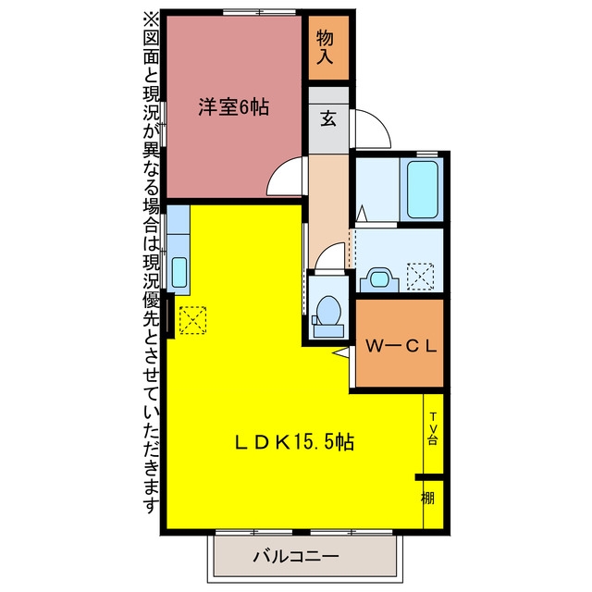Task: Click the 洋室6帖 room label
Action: click(x=234, y=107)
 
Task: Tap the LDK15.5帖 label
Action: click(x=294, y=441)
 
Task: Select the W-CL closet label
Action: click(x=401, y=345)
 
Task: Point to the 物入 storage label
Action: click(x=325, y=47)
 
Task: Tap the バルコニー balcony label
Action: click(x=296, y=556)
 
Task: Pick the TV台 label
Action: click(x=433, y=428)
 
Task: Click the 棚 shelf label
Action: click(x=427, y=498)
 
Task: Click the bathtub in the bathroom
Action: click(x=423, y=190)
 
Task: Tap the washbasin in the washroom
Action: click(x=379, y=279)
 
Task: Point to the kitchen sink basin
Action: click(x=179, y=272)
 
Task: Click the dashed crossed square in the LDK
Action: click(x=192, y=320)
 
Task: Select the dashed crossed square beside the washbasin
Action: click(x=420, y=277)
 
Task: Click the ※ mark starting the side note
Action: click(x=151, y=19)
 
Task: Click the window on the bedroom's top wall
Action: click(x=259, y=12)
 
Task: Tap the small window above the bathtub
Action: click(x=427, y=154)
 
